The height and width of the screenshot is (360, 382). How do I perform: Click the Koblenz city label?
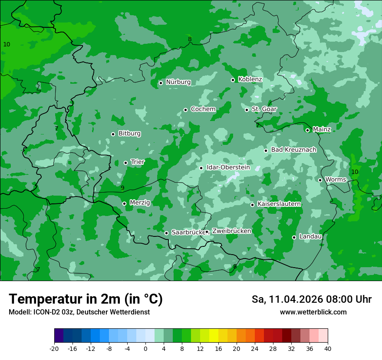coord(250,79)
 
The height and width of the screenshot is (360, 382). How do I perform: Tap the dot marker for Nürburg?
coord(161,83)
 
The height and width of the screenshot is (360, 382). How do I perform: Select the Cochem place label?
coord(203,109)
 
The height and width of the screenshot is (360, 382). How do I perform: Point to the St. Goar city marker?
coord(247,110)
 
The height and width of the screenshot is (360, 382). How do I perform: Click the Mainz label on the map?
coord(322,130)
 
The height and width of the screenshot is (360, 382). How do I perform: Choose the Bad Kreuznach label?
coord(293,150)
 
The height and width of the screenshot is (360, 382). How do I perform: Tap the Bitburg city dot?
coord(113,134)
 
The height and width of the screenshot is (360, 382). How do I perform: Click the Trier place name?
coord(137,162)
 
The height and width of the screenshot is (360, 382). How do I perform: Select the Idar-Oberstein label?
coord(228,167)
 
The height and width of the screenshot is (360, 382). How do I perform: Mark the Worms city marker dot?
coord(320,180)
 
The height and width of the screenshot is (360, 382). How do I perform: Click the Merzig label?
coord(140,203)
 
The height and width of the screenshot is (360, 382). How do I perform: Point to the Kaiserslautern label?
coord(279,204)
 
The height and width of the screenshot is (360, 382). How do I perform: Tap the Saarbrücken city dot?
coord(166,233)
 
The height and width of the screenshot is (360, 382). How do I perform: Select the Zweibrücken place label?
coord(231,231)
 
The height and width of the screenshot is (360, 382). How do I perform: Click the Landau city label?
coord(310,236)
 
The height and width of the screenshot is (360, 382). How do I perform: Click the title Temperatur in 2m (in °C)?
coord(86,299)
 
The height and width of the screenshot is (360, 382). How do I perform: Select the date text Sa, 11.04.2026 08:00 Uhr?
coord(311,299)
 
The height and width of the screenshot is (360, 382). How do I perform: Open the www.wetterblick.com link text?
coord(313,312)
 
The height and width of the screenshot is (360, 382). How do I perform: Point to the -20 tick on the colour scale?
coord(54,348)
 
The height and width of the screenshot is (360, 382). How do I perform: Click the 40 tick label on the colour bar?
coord(327,348)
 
